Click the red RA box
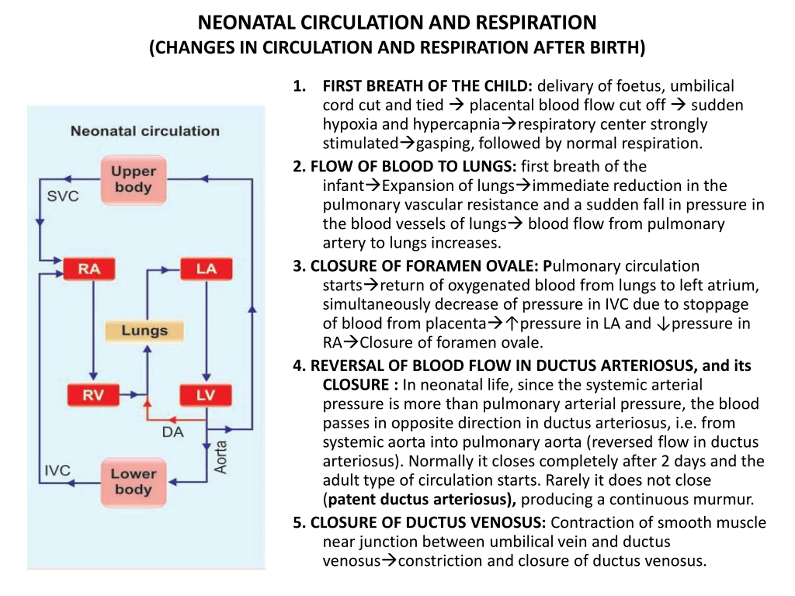(x=89, y=269)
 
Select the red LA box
(x=206, y=269)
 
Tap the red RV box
(x=93, y=395)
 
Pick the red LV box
(x=206, y=395)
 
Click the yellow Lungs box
(x=144, y=331)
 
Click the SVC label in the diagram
(x=63, y=196)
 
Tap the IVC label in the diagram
(x=57, y=470)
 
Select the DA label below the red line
(x=173, y=432)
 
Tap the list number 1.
(x=299, y=86)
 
